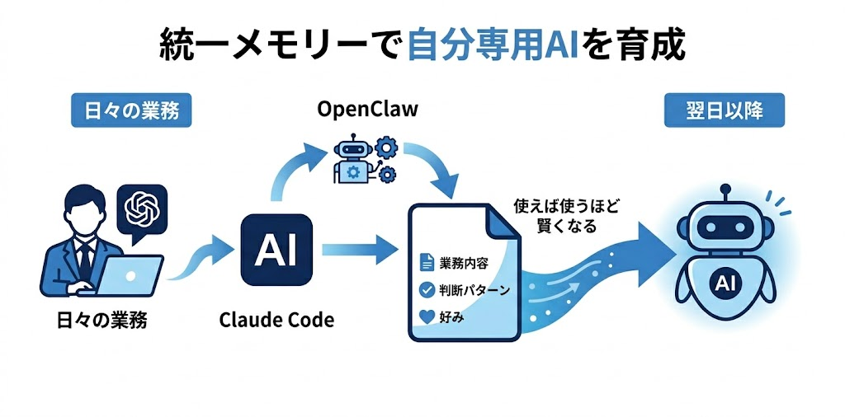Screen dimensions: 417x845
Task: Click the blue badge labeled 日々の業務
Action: pos(131,111)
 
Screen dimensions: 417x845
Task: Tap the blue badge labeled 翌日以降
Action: pos(724,111)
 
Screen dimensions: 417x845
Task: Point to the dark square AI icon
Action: pos(276,249)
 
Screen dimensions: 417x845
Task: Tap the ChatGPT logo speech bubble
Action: pos(142,208)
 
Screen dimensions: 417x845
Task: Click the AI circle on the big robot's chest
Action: pos(725,284)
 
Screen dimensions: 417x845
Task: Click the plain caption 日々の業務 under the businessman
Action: pos(105,320)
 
